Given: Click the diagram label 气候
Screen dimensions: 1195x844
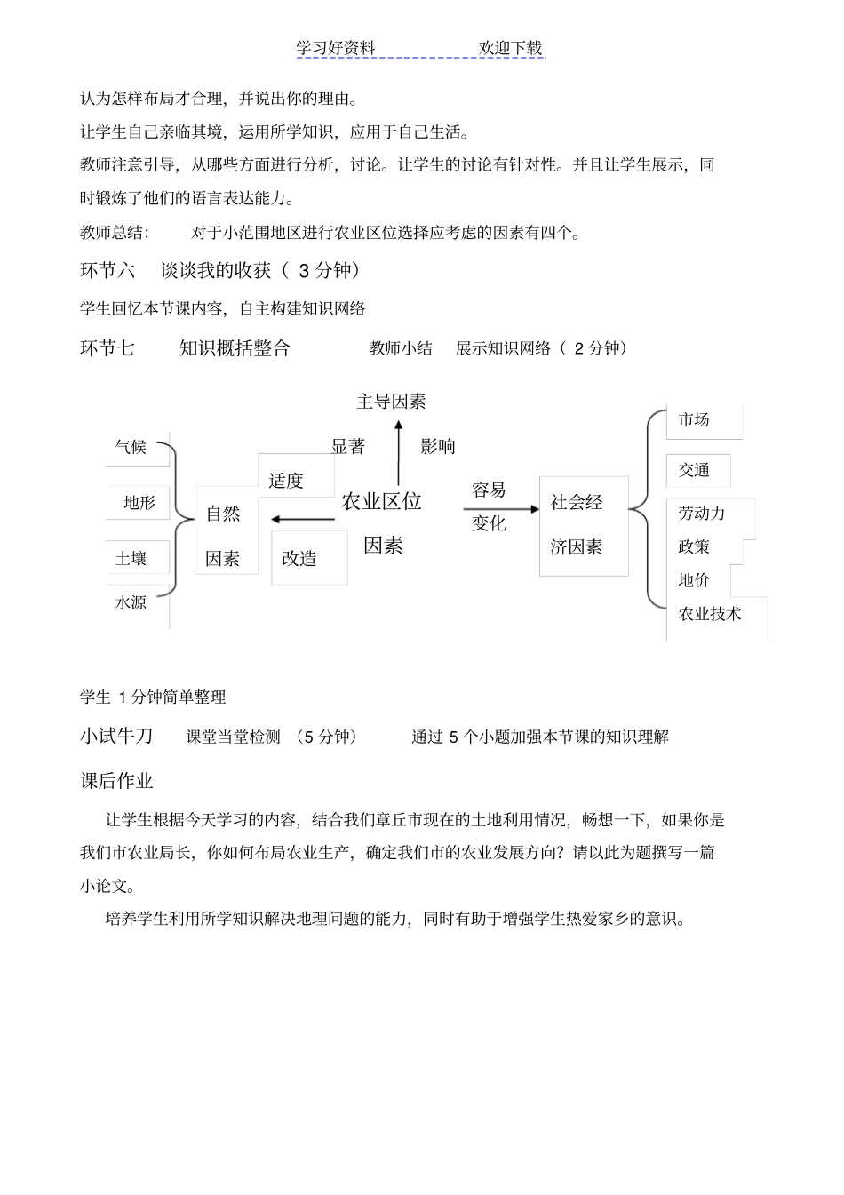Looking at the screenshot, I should tap(131, 447).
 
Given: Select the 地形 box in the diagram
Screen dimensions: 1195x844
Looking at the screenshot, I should tap(139, 503).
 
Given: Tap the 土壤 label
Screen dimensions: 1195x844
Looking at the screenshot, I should tap(131, 558).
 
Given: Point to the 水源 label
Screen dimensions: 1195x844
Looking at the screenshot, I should tap(131, 602).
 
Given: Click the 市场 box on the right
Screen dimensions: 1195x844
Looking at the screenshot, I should tap(694, 420).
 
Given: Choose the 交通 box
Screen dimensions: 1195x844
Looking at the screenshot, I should tap(694, 471).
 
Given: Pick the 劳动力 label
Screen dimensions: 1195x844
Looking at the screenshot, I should tap(702, 514).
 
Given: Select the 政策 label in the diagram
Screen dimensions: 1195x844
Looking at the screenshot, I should tap(694, 546).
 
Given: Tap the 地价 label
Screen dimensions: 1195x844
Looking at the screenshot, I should tap(694, 580).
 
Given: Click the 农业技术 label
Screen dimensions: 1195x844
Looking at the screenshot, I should tap(710, 614).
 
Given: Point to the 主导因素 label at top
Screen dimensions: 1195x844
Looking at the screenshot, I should tap(391, 402).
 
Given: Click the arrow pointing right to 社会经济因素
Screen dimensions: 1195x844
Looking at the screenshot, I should tap(500, 509).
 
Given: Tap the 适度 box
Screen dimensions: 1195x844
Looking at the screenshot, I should tap(286, 481).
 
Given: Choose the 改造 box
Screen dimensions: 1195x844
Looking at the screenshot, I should tap(299, 558).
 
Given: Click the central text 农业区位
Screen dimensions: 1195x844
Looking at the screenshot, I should tap(381, 501).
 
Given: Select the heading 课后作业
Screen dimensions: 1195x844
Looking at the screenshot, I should tap(116, 781).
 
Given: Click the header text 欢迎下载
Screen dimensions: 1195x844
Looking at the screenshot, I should tap(510, 48).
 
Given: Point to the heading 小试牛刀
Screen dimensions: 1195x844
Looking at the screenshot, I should tap(116, 736).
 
